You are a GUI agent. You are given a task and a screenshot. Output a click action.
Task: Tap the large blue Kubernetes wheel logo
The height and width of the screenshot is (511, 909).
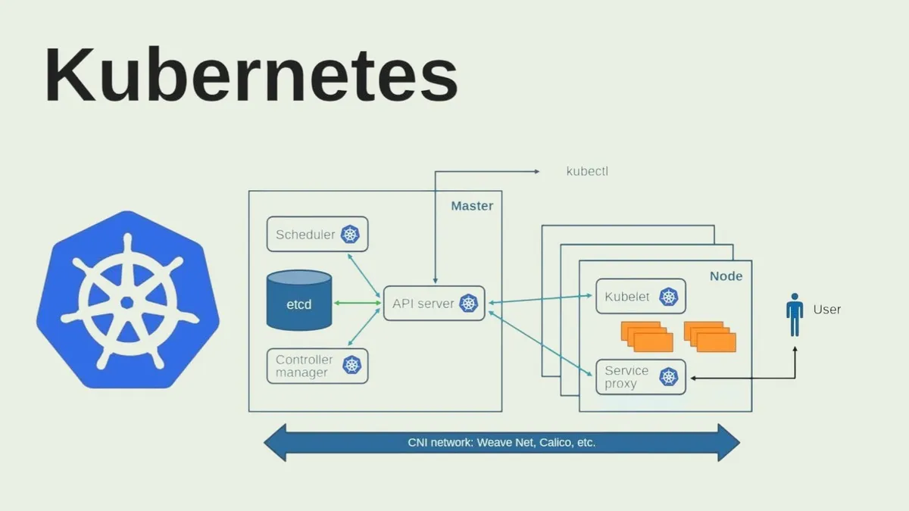click(127, 301)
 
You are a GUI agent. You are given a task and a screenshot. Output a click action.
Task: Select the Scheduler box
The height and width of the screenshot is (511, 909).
click(317, 235)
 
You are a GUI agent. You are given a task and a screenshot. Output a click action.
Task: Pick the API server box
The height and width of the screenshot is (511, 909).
click(433, 304)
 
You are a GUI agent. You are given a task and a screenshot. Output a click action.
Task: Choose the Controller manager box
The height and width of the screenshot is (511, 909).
click(317, 366)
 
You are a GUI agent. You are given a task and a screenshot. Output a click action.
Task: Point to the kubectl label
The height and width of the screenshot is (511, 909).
click(587, 171)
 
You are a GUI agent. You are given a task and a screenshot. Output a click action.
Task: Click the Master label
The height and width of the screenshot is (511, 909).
click(472, 206)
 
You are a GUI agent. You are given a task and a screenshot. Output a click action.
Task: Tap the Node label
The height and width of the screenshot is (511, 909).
click(726, 276)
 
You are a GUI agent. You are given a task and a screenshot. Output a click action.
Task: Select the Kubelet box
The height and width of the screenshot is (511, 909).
click(640, 297)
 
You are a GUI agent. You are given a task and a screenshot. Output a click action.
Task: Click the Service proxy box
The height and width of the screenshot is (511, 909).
click(640, 377)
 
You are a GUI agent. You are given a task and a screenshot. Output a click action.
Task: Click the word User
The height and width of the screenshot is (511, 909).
click(826, 310)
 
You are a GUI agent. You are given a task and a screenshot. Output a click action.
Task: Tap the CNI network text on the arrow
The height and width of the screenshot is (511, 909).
click(501, 442)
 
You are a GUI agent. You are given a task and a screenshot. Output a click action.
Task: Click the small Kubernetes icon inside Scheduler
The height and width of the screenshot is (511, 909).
click(350, 235)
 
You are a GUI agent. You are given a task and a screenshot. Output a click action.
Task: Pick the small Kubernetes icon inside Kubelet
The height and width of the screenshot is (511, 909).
click(668, 297)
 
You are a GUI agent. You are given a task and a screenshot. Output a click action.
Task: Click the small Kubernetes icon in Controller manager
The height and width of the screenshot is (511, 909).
click(351, 366)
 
